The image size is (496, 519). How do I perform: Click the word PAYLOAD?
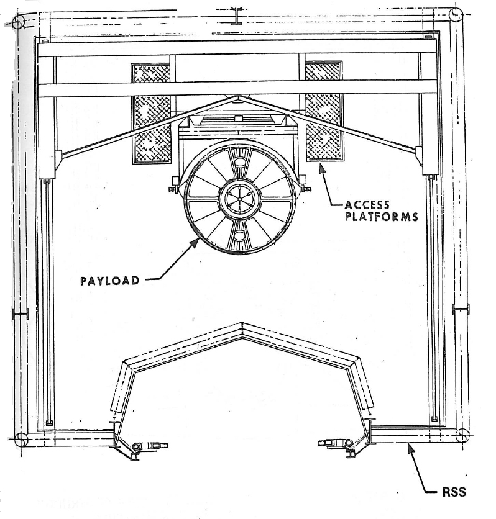109,281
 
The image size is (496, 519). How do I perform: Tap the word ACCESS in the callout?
367,205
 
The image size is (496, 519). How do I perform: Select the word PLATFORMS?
382,217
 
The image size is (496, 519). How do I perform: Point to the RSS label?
454,492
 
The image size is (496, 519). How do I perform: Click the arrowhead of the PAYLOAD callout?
196,242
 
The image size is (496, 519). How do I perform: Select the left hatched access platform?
152,113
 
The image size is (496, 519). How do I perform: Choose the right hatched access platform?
324,111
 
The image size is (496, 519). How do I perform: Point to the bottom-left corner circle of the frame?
22,440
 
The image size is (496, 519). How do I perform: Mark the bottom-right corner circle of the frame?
462,435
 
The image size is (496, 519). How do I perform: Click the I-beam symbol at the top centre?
237,16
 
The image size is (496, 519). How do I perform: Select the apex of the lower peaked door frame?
242,323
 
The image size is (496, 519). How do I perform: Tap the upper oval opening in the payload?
239,161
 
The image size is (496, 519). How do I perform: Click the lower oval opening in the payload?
239,235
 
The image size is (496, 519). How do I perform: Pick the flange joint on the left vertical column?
21,313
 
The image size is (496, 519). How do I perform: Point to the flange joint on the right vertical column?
461,309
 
